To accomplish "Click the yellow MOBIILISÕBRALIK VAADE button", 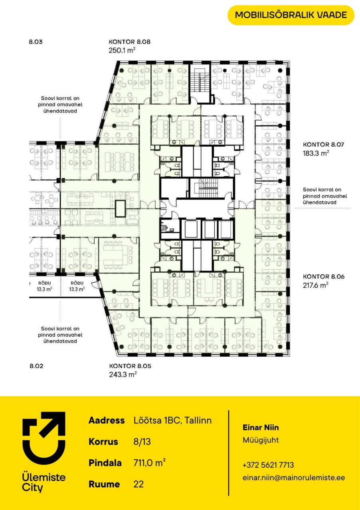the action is (x=291, y=15).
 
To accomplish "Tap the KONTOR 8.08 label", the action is (x=130, y=42).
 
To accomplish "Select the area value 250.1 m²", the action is (x=122, y=50).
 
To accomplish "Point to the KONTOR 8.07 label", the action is (x=323, y=144).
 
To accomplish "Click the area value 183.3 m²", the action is (x=316, y=153).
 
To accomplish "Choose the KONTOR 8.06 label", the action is (x=324, y=277).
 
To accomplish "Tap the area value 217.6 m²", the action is (x=316, y=285).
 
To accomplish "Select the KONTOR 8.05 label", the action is (x=130, y=366).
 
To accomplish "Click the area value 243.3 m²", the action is (x=123, y=375).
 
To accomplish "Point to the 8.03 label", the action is (x=36, y=42).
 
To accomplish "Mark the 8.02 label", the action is (x=36, y=366).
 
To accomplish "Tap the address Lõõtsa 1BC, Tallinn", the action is (x=173, y=420).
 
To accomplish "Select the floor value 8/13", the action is (x=142, y=442).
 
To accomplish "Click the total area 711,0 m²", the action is (x=149, y=463).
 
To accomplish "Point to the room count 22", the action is (x=139, y=484).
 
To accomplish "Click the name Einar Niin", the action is (x=261, y=428).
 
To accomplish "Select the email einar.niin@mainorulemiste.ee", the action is (x=294, y=477).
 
